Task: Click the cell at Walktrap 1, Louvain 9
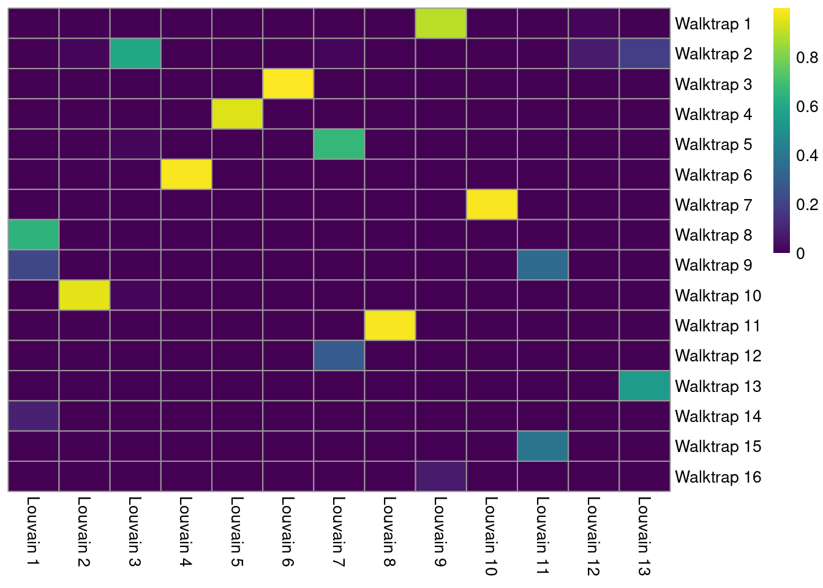(x=441, y=23)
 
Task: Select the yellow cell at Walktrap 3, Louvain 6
(x=288, y=83)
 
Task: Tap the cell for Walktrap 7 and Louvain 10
(x=492, y=205)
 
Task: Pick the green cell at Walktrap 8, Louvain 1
(x=34, y=235)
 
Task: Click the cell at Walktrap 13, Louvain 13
(x=644, y=386)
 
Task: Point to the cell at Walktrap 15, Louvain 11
(x=543, y=446)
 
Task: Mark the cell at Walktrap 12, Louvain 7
(x=339, y=355)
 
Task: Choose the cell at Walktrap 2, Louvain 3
(x=135, y=53)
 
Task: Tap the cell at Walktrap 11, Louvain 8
(x=389, y=325)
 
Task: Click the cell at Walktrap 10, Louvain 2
(x=85, y=295)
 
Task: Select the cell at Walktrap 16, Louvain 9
(x=441, y=476)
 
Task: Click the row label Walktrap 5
(x=713, y=145)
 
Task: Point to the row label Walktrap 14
(x=718, y=417)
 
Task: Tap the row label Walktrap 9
(x=713, y=265)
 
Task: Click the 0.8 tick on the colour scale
(x=806, y=58)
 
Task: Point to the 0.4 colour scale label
(x=806, y=156)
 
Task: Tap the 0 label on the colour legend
(x=800, y=253)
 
